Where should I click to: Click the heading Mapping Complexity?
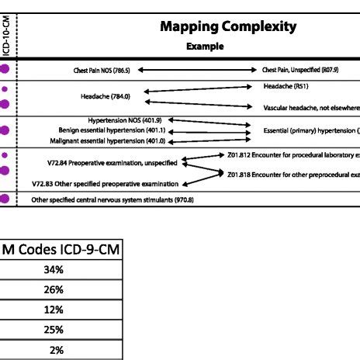click(x=228, y=27)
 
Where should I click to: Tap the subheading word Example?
click(x=205, y=47)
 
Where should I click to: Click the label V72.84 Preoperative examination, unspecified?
click(x=112, y=163)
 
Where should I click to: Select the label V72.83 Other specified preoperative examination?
click(x=105, y=184)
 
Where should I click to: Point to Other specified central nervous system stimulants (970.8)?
click(x=112, y=199)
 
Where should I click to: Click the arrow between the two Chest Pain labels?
click(x=196, y=70)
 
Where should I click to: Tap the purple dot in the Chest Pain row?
click(x=5, y=70)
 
